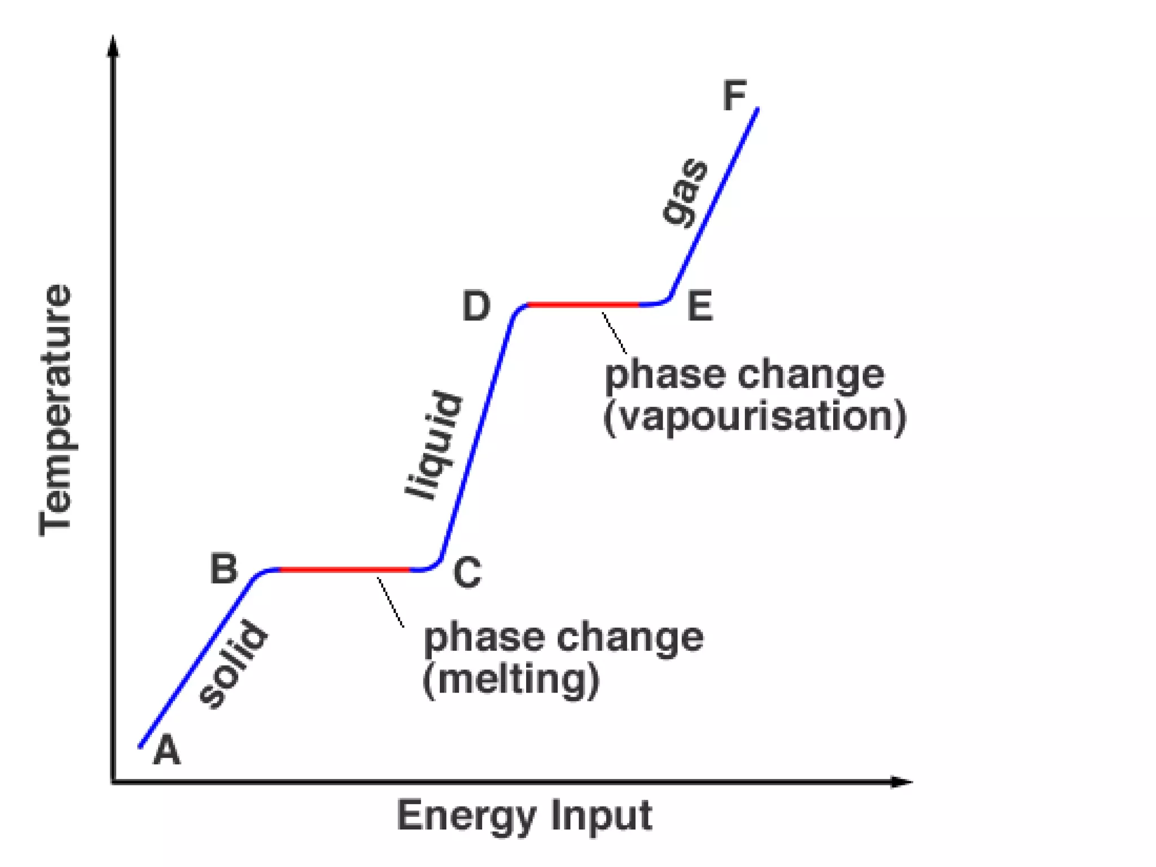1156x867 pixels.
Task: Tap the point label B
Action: coord(224,568)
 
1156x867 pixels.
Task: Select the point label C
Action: coord(467,572)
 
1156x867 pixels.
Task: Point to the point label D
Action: coord(476,306)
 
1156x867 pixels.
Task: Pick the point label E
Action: coord(700,306)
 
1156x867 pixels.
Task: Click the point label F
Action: coord(734,96)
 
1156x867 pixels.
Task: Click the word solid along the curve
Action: coord(233,664)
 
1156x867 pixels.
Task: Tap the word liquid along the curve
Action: coord(435,445)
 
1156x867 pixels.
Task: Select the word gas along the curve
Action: coord(686,192)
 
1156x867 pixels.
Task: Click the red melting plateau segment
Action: coord(344,570)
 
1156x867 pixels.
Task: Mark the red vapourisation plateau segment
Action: coord(583,305)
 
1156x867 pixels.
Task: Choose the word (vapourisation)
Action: coord(755,417)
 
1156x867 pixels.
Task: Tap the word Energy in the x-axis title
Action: coord(466,816)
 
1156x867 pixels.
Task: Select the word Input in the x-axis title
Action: coord(602,816)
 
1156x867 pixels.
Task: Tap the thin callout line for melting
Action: coord(391,602)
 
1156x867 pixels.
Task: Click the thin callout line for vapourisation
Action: coord(614,333)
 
